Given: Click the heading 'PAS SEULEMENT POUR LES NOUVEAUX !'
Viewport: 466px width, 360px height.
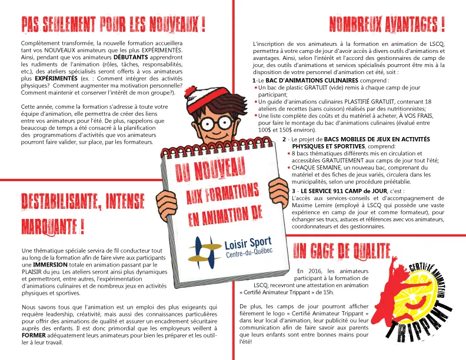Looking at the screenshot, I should click(x=113, y=25).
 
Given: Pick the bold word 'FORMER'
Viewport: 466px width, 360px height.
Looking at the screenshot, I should click(x=34, y=335).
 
